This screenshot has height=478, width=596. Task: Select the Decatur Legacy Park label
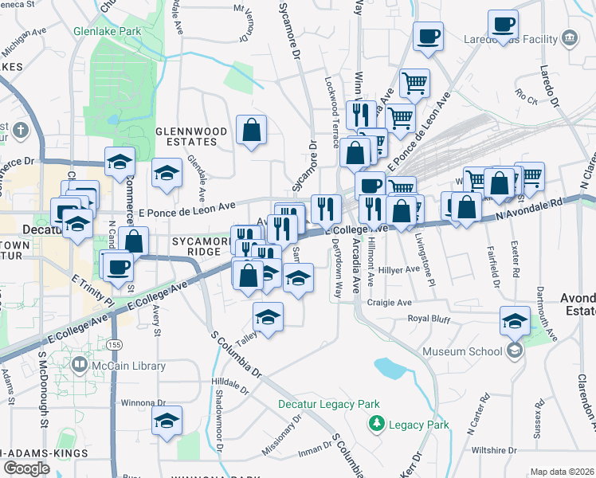[329, 405]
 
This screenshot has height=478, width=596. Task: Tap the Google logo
[27, 468]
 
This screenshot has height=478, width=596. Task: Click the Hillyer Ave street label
[402, 270]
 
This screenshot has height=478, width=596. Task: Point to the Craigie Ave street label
[390, 303]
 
